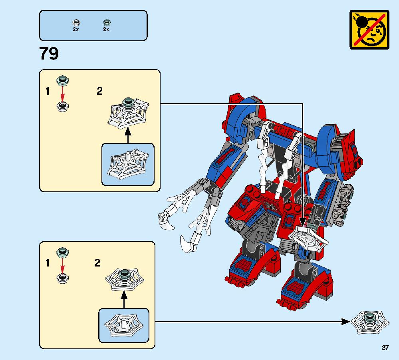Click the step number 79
pyautogui.click(x=49, y=54)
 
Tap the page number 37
pyautogui.click(x=385, y=348)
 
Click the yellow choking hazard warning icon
pyautogui.click(x=369, y=30)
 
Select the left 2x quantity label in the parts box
pyautogui.click(x=75, y=30)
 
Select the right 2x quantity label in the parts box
pyautogui.click(x=106, y=30)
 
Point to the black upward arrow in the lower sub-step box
pyautogui.click(x=124, y=300)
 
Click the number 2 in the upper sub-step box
pyautogui.click(x=99, y=91)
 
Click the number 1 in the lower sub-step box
pyautogui.click(x=48, y=263)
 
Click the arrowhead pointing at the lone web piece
pyautogui.click(x=346, y=321)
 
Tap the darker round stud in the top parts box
pyautogui.click(x=106, y=22)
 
